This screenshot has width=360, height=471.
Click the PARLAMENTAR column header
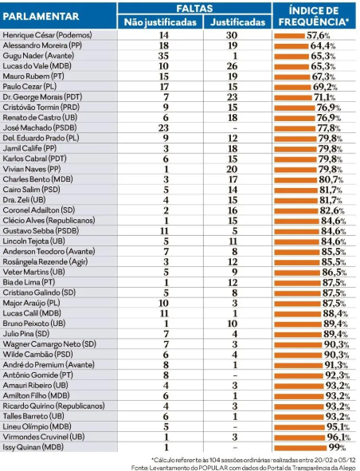point(41,16)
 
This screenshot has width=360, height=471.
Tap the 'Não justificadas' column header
point(160,22)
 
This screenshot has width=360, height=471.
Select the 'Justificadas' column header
point(238,22)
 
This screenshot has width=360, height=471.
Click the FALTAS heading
point(194,8)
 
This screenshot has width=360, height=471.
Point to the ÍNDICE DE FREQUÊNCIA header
point(314,16)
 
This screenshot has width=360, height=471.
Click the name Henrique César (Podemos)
point(47,35)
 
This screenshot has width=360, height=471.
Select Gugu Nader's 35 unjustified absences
point(163,56)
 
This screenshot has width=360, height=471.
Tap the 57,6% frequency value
point(319,36)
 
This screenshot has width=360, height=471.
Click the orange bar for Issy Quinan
point(300,448)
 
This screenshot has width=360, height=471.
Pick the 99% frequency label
point(337,448)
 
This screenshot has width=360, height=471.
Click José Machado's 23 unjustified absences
point(163,128)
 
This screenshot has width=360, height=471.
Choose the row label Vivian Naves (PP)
point(32,169)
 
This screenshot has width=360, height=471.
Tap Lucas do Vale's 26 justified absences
point(232,66)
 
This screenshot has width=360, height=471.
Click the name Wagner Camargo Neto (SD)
point(49,344)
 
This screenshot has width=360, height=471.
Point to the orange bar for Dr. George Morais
point(293,97)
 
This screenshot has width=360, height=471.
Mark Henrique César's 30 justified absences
point(232,35)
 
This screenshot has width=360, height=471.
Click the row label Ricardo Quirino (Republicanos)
point(53,406)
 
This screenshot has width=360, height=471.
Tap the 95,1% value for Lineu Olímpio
point(338,427)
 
